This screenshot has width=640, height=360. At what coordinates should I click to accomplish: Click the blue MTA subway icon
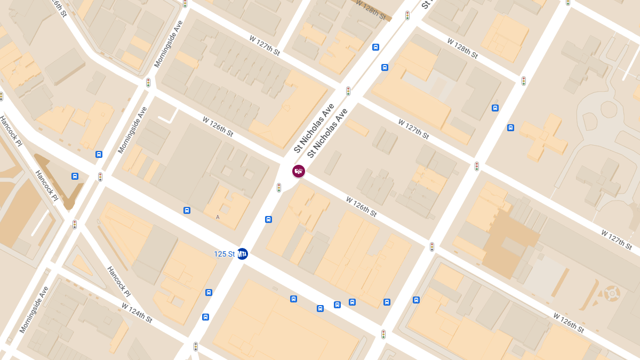coord(243,254)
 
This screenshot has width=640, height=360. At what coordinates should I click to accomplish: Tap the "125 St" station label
coord(224,254)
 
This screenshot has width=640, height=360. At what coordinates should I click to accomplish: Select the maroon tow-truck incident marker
coord(299,171)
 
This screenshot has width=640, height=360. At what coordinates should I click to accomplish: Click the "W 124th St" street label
coord(137,313)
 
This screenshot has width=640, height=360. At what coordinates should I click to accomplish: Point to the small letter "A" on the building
coord(218,217)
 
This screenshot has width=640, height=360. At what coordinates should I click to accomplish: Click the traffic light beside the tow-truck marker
coord(279,188)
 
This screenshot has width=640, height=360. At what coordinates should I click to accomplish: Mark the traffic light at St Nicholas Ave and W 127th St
coord(348,91)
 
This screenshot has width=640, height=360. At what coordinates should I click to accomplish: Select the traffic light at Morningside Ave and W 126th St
coord(148,83)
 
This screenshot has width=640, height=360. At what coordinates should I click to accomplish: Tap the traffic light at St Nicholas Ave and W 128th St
coord(407,15)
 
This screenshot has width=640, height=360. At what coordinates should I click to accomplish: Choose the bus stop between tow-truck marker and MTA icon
coord(268,219)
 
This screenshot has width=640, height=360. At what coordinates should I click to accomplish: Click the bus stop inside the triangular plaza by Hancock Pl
coord(75,176)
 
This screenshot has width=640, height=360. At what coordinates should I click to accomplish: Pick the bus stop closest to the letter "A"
coord(187,210)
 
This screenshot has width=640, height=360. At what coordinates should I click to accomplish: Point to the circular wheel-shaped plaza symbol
coord(611,293)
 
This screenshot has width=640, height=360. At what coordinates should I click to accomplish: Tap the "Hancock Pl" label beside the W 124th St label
coord(118,282)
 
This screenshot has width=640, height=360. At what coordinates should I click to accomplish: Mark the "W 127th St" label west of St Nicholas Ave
coord(264,46)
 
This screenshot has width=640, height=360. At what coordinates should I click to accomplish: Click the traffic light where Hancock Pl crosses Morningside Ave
coord(75,225)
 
